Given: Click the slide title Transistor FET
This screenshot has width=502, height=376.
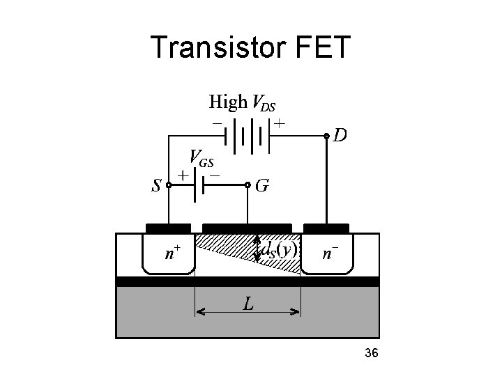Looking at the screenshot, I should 252,47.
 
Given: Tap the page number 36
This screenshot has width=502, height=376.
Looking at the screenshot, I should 371,354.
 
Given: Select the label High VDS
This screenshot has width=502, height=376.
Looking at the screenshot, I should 242,103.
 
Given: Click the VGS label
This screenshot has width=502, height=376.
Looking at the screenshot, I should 201,159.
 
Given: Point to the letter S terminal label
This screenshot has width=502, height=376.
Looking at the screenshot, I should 157,186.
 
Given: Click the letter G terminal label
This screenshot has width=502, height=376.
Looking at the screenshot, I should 263,186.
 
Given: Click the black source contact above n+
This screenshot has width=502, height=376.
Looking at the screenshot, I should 168,228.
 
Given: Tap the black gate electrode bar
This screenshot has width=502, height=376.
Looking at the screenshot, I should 247,228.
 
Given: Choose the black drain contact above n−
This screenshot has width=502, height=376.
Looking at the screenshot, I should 326,228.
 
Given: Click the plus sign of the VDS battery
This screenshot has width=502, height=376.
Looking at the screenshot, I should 279,123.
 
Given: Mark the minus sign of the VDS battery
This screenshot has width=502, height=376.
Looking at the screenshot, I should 218,123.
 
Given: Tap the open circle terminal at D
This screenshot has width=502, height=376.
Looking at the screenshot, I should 327,136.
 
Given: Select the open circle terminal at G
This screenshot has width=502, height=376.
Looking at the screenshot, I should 248,185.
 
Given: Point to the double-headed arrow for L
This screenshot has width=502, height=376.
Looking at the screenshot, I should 248,313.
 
